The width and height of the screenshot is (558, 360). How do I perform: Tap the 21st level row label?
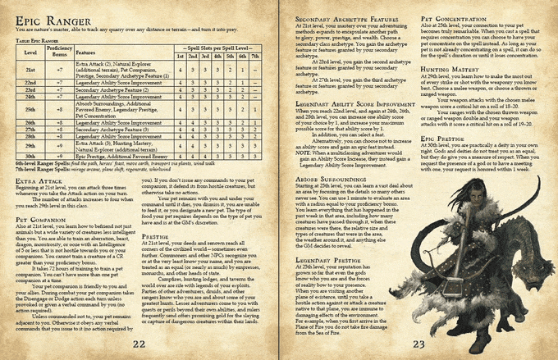click(30, 71)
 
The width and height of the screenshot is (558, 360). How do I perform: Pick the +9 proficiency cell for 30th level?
click(60, 155)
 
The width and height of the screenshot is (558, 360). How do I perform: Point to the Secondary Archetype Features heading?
click(334, 17)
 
